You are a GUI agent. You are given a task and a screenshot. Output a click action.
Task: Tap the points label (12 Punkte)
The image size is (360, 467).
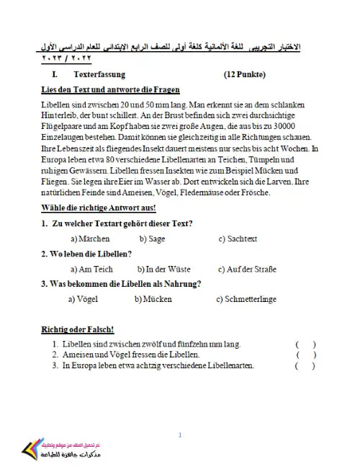245,74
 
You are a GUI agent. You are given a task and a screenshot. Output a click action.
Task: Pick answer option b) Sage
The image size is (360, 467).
153,239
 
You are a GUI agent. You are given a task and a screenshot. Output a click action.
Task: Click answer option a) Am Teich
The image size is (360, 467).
91,269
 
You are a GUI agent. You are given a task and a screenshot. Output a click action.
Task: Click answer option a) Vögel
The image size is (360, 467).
86,298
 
